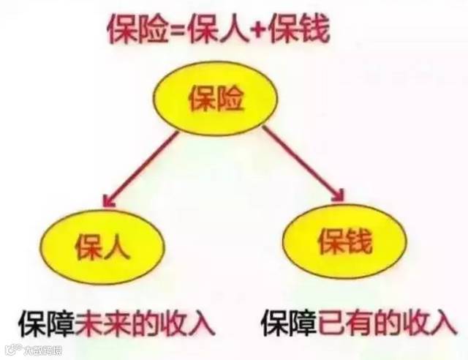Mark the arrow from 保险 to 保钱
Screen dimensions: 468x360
point(301,162)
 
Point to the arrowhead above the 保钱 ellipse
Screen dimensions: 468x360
point(338,192)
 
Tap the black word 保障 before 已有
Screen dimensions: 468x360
point(289,321)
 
